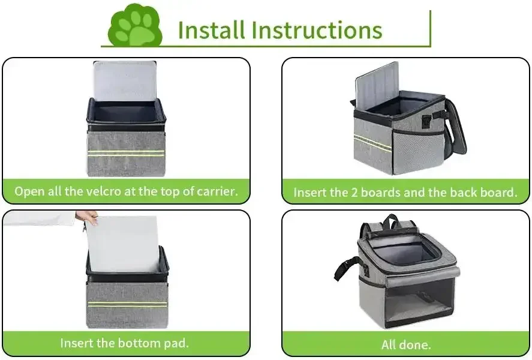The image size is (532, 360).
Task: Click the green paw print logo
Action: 135,26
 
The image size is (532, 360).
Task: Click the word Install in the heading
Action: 211,29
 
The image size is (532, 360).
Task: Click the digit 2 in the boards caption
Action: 354,193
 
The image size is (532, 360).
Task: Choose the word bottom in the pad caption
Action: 139,343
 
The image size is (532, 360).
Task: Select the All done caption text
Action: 406,345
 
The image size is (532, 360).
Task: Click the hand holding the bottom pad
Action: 87,217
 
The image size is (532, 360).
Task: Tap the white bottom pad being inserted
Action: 122,244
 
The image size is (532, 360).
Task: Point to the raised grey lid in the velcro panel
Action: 125,81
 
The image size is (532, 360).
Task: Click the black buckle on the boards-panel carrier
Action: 427,122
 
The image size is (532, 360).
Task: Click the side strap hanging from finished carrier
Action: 350,268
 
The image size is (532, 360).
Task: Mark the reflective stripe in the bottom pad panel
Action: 128,304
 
